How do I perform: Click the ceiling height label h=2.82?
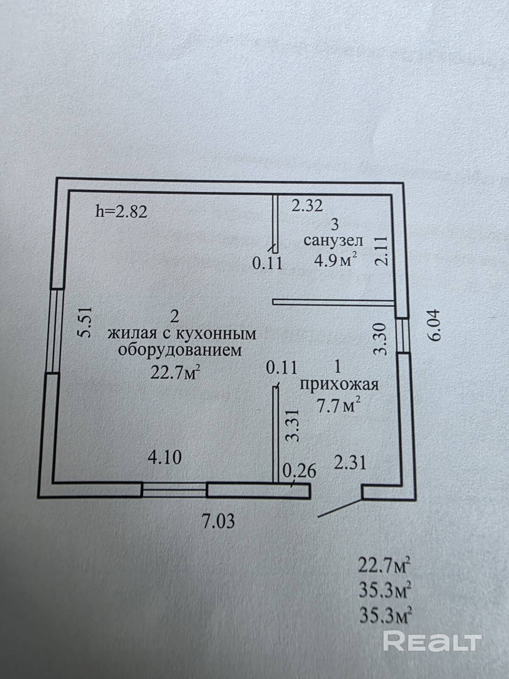[121, 212]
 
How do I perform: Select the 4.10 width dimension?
[165, 458]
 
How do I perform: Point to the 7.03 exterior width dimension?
[218, 521]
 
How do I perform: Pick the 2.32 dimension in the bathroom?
[307, 206]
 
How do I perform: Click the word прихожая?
[339, 385]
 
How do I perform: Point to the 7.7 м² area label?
[339, 405]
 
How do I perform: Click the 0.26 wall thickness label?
[300, 471]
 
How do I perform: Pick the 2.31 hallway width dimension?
[351, 463]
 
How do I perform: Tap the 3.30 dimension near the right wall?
[380, 339]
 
